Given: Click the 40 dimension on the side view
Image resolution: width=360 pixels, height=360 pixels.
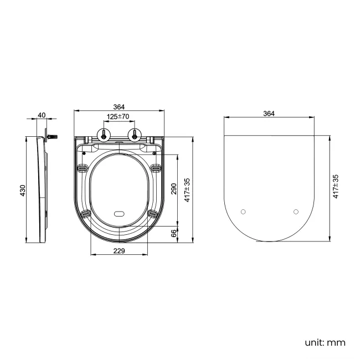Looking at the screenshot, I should point(41,116).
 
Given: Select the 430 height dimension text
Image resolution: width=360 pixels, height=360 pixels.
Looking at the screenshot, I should point(23,191).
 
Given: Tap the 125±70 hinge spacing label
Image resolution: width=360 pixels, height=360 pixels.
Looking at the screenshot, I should point(118,117).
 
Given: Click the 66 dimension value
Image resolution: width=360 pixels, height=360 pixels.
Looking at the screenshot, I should point(173,234).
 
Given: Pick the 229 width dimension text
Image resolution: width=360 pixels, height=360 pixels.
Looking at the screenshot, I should point(119,251).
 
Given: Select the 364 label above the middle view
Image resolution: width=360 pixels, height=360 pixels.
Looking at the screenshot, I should point(119,107).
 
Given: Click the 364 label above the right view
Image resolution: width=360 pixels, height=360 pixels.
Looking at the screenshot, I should point(269,113).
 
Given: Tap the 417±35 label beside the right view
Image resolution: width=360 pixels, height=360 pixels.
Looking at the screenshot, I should point(335,187).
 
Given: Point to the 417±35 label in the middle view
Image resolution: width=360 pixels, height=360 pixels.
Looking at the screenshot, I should point(188,189).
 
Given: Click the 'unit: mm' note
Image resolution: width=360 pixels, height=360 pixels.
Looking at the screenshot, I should point(325,342).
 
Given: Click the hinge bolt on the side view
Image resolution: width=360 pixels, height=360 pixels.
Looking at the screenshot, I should point(53,136).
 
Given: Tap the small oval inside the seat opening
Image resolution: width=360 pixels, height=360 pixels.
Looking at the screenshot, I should point(119,213).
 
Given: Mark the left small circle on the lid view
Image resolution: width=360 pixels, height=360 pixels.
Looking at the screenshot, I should point(244,212).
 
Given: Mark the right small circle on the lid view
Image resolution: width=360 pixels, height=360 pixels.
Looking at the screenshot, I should point(295,212).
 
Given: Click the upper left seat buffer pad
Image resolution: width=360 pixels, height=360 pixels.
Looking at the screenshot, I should point(83,168).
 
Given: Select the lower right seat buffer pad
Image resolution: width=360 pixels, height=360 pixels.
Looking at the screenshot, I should point(152,213).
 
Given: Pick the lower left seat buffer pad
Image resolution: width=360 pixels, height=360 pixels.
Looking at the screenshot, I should point(85,213).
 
